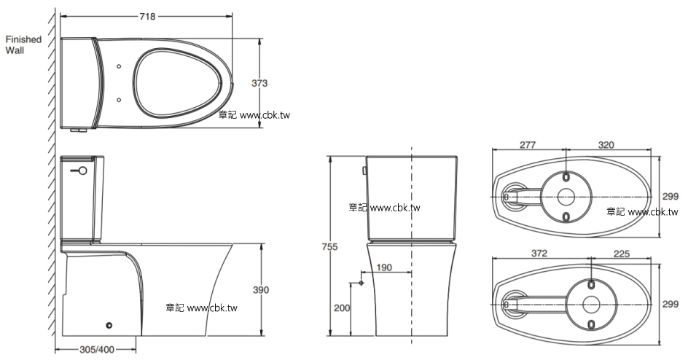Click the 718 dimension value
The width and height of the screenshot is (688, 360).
click(147, 17)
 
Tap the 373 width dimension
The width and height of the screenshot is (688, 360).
click(259, 83)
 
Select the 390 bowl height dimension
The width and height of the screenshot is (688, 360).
click(261, 290)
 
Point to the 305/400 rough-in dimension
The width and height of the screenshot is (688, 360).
click(96, 350)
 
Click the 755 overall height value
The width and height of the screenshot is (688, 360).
click(329, 247)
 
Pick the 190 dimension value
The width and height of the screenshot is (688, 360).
click(384, 267)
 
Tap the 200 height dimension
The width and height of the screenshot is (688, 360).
click(342, 308)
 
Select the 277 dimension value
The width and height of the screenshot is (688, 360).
click(528, 145)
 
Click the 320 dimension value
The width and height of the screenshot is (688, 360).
click(606, 145)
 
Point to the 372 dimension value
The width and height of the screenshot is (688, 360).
click(539, 254)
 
